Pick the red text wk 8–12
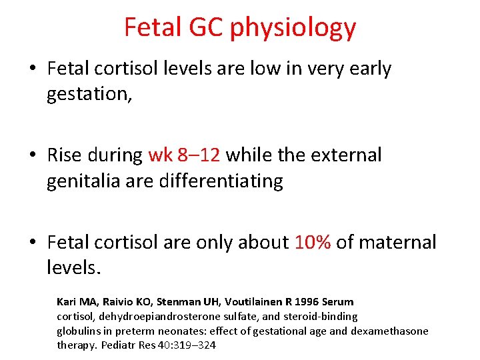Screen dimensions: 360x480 tap(184, 155)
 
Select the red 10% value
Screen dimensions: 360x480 tap(312, 242)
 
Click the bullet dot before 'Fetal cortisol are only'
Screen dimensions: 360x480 tap(35, 243)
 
